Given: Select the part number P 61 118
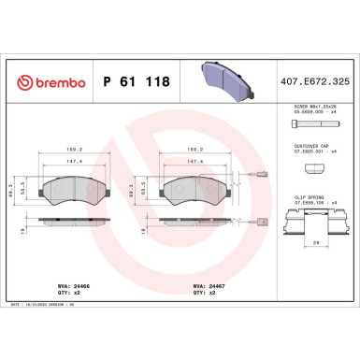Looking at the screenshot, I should coord(134,82).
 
